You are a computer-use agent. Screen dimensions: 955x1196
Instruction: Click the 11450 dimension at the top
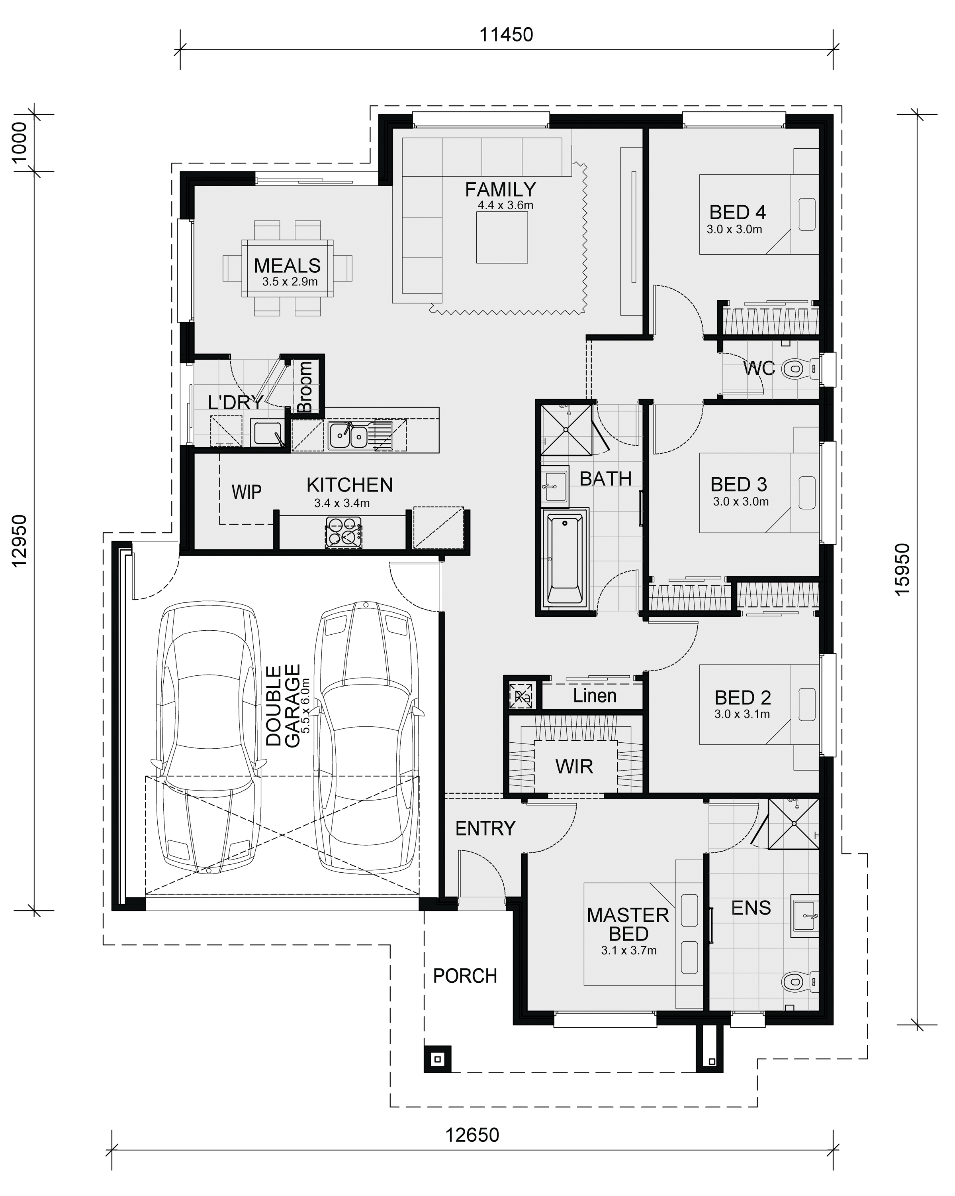(x=506, y=34)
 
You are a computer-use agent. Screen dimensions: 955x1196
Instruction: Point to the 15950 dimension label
(x=903, y=569)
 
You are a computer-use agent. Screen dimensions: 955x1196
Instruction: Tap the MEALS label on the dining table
(x=287, y=266)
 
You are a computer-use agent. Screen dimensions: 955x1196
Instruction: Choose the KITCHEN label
(x=350, y=485)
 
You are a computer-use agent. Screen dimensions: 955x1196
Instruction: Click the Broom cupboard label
(x=305, y=387)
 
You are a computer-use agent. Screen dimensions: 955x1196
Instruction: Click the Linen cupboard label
(x=594, y=696)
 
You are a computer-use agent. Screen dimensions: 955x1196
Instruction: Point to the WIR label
(x=574, y=767)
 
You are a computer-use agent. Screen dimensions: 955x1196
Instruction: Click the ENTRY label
(x=485, y=828)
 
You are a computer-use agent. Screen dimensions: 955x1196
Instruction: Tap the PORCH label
(x=465, y=976)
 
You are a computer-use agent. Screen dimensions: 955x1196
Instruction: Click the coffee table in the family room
(x=502, y=238)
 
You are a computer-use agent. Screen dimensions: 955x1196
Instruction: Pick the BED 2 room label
(x=743, y=697)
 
